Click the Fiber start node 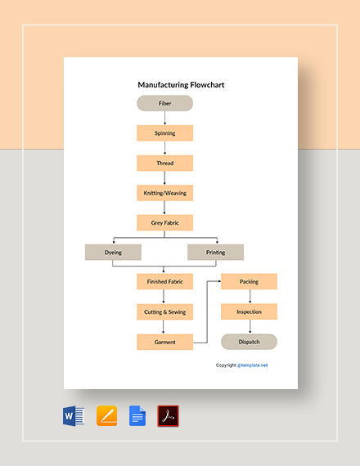coord(164,103)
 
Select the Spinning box coord(164,132)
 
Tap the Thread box coord(164,163)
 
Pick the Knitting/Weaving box coord(164,193)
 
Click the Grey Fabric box coord(164,222)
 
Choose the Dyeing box coord(113,253)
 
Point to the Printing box coord(215,253)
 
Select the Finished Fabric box coord(164,281)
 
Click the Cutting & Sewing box coord(164,311)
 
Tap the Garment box coord(164,342)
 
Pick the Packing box coord(249,281)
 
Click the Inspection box coord(249,311)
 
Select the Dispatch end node coord(249,342)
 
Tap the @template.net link coord(252,365)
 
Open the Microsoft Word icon coord(74,416)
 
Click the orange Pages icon coord(107,416)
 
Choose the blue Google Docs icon coord(137,416)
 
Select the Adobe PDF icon coord(168,416)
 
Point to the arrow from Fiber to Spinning coord(164,118)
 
